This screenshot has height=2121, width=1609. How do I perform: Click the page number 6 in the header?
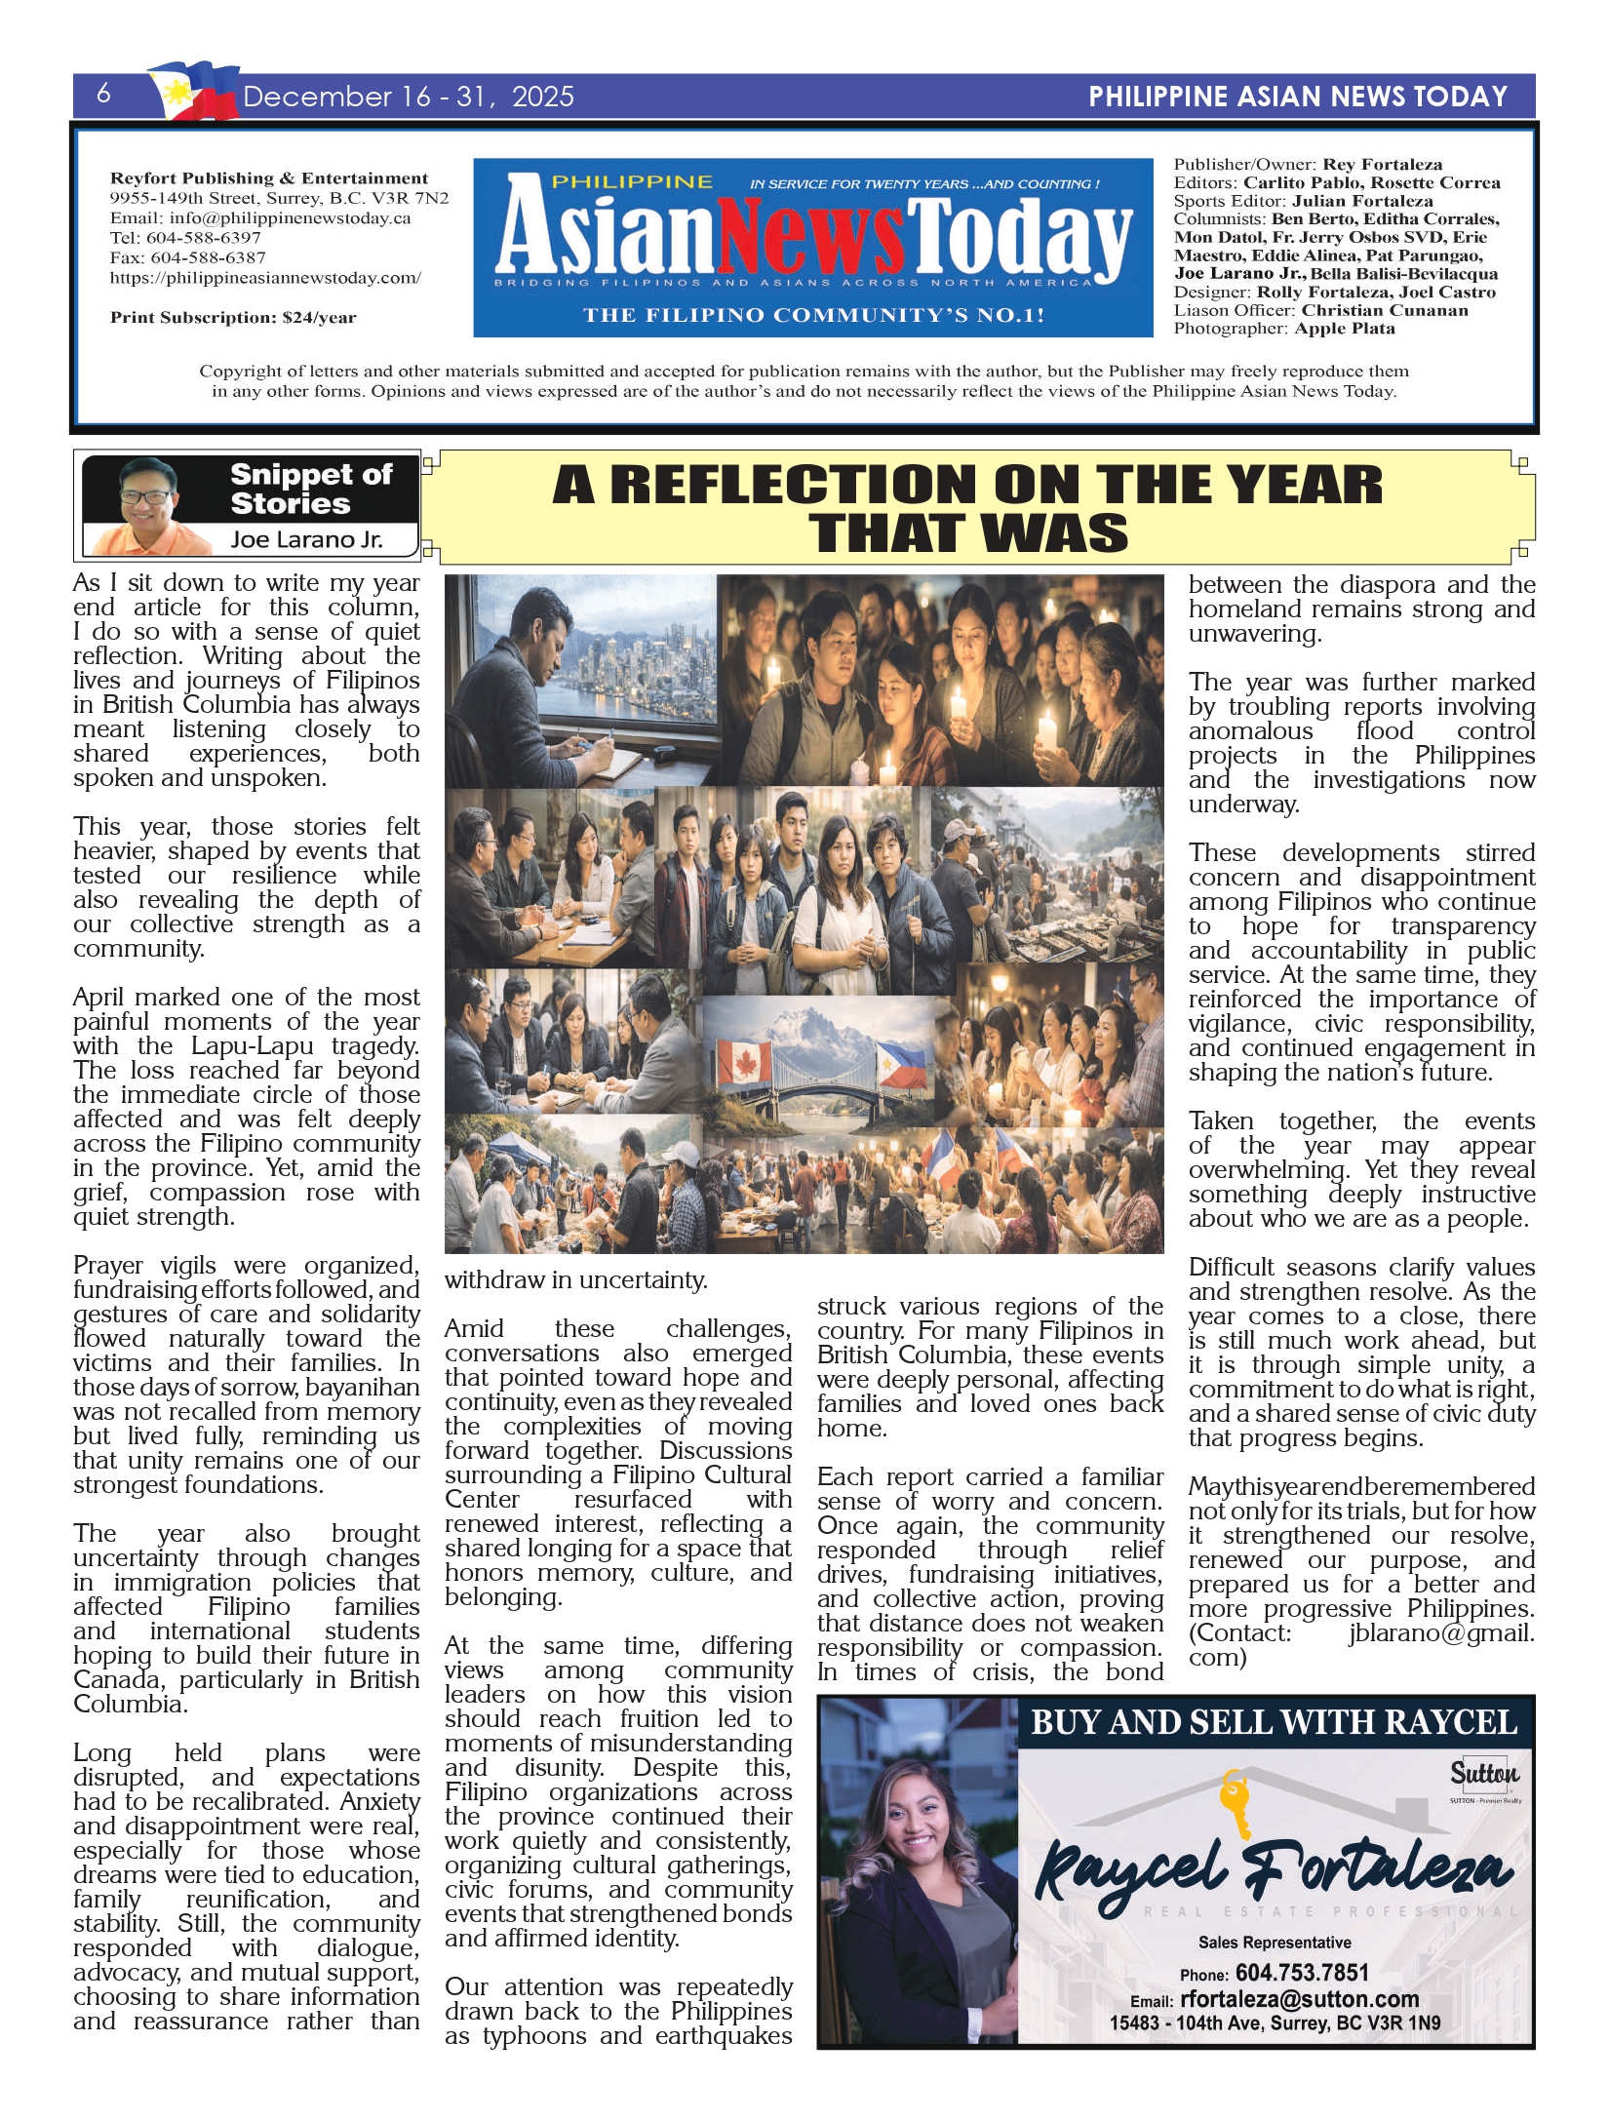tap(103, 95)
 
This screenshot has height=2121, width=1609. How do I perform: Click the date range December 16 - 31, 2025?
tap(409, 97)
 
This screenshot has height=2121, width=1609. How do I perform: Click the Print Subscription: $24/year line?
tap(233, 317)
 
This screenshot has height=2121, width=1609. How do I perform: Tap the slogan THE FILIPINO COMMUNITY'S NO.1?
tap(813, 315)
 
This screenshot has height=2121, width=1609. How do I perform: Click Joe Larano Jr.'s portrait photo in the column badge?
tap(146, 504)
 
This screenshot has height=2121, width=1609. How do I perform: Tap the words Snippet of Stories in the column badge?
tap(310, 489)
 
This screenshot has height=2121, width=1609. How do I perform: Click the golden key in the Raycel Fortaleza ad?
tap(1236, 1804)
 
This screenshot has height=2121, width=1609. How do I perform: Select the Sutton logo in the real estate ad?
tap(1483, 1772)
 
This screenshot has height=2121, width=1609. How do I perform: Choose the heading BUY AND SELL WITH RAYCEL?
tap(1274, 1722)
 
